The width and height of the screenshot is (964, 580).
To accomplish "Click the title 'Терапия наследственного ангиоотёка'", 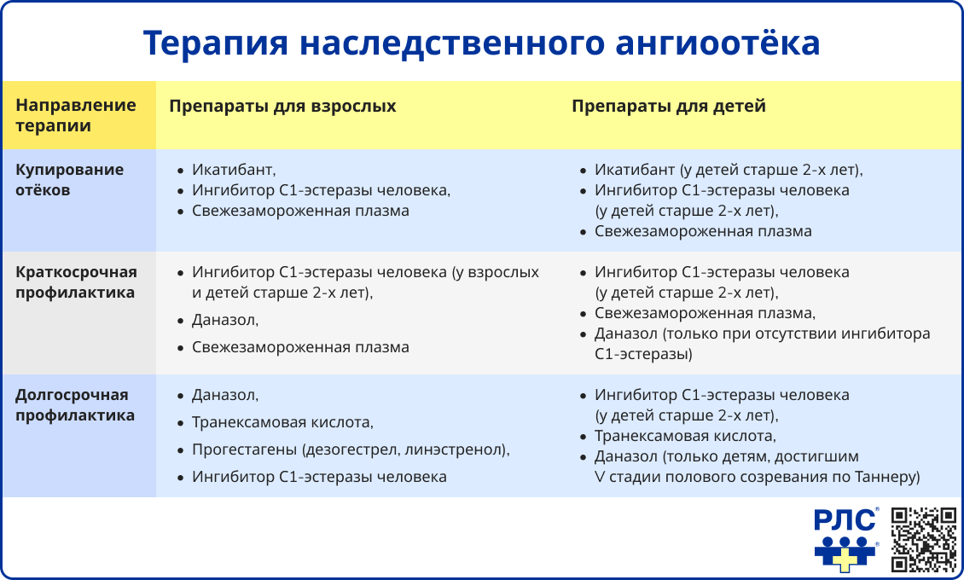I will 481,43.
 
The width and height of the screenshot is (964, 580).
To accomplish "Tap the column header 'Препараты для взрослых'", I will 282,107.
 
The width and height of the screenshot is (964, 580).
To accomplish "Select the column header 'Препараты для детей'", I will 668,107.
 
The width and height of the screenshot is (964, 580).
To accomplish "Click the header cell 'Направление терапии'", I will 76,116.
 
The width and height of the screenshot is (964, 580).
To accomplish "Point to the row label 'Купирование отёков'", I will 70,180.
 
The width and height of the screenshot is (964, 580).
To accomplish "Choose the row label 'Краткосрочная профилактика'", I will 76,282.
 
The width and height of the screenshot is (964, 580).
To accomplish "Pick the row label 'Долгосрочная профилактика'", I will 75,406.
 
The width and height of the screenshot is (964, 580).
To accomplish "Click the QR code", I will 924,539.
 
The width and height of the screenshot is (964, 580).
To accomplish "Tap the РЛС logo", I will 845,540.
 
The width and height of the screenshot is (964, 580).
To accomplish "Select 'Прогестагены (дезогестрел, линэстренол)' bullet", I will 351,449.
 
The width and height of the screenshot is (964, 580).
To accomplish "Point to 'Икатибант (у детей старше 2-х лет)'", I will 729,170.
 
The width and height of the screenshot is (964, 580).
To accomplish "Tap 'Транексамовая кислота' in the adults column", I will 282,422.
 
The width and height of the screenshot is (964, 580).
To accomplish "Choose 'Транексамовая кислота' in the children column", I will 685,437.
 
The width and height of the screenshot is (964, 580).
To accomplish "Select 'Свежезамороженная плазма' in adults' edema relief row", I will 300,211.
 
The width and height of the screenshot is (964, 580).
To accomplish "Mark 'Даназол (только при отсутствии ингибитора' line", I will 762,333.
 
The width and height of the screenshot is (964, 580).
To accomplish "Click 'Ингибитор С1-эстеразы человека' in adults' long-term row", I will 319,477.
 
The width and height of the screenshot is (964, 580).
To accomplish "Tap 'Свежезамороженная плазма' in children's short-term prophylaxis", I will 705,313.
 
